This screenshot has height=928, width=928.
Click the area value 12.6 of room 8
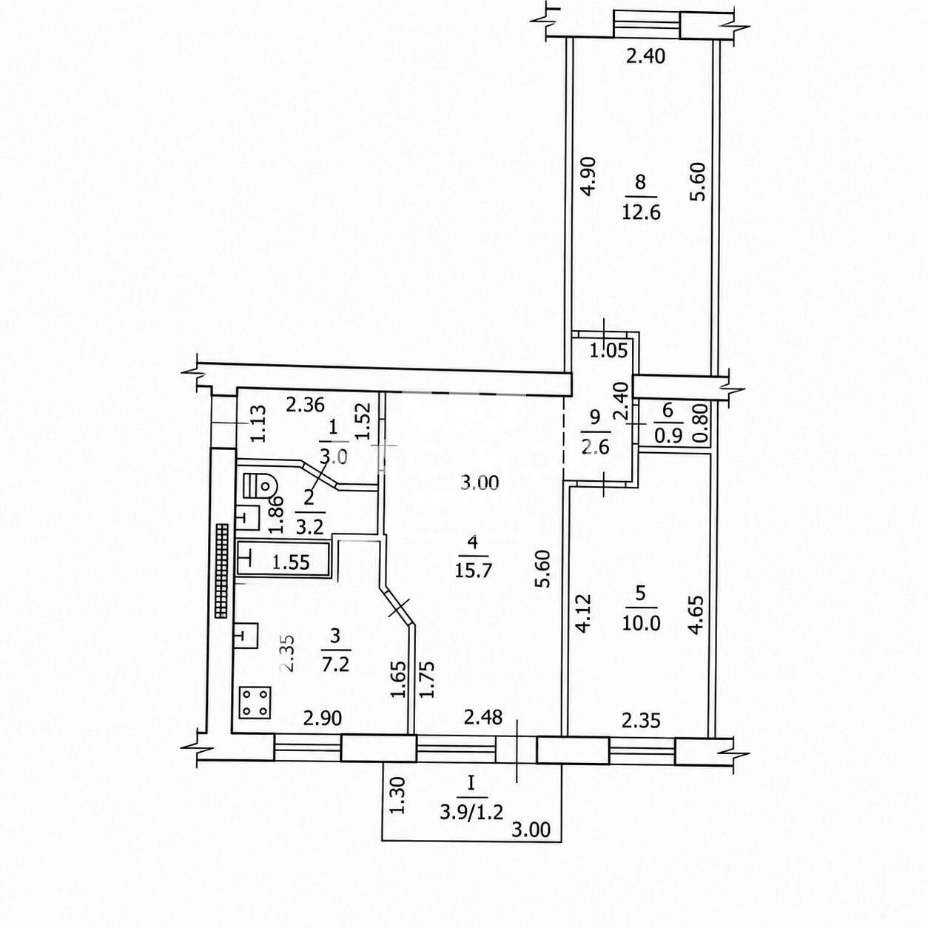pyautogui.click(x=641, y=212)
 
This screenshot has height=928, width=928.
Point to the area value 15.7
pyautogui.click(x=472, y=571)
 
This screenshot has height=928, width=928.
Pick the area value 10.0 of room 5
pyautogui.click(x=641, y=624)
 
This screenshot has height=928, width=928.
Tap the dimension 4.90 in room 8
pyautogui.click(x=588, y=176)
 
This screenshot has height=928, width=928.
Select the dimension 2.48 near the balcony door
pyautogui.click(x=483, y=731)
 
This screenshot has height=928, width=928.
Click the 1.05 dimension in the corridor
pyautogui.click(x=609, y=351)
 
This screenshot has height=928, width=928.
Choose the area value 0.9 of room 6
pyautogui.click(x=668, y=435)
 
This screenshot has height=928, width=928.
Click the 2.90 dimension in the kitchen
pyautogui.click(x=322, y=732)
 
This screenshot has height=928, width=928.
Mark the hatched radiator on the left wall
pyautogui.click(x=221, y=571)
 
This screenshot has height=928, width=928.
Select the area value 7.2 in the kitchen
pyautogui.click(x=335, y=665)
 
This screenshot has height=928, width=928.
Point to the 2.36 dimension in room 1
pyautogui.click(x=305, y=405)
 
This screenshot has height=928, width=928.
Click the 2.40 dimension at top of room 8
pyautogui.click(x=646, y=56)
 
